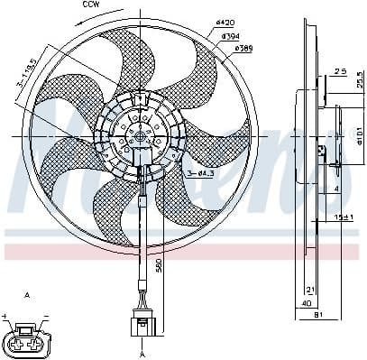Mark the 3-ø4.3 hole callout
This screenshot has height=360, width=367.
tap(201, 171)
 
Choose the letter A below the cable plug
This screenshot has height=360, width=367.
tap(141, 354)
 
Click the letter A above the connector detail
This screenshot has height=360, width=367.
tap(26, 295)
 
